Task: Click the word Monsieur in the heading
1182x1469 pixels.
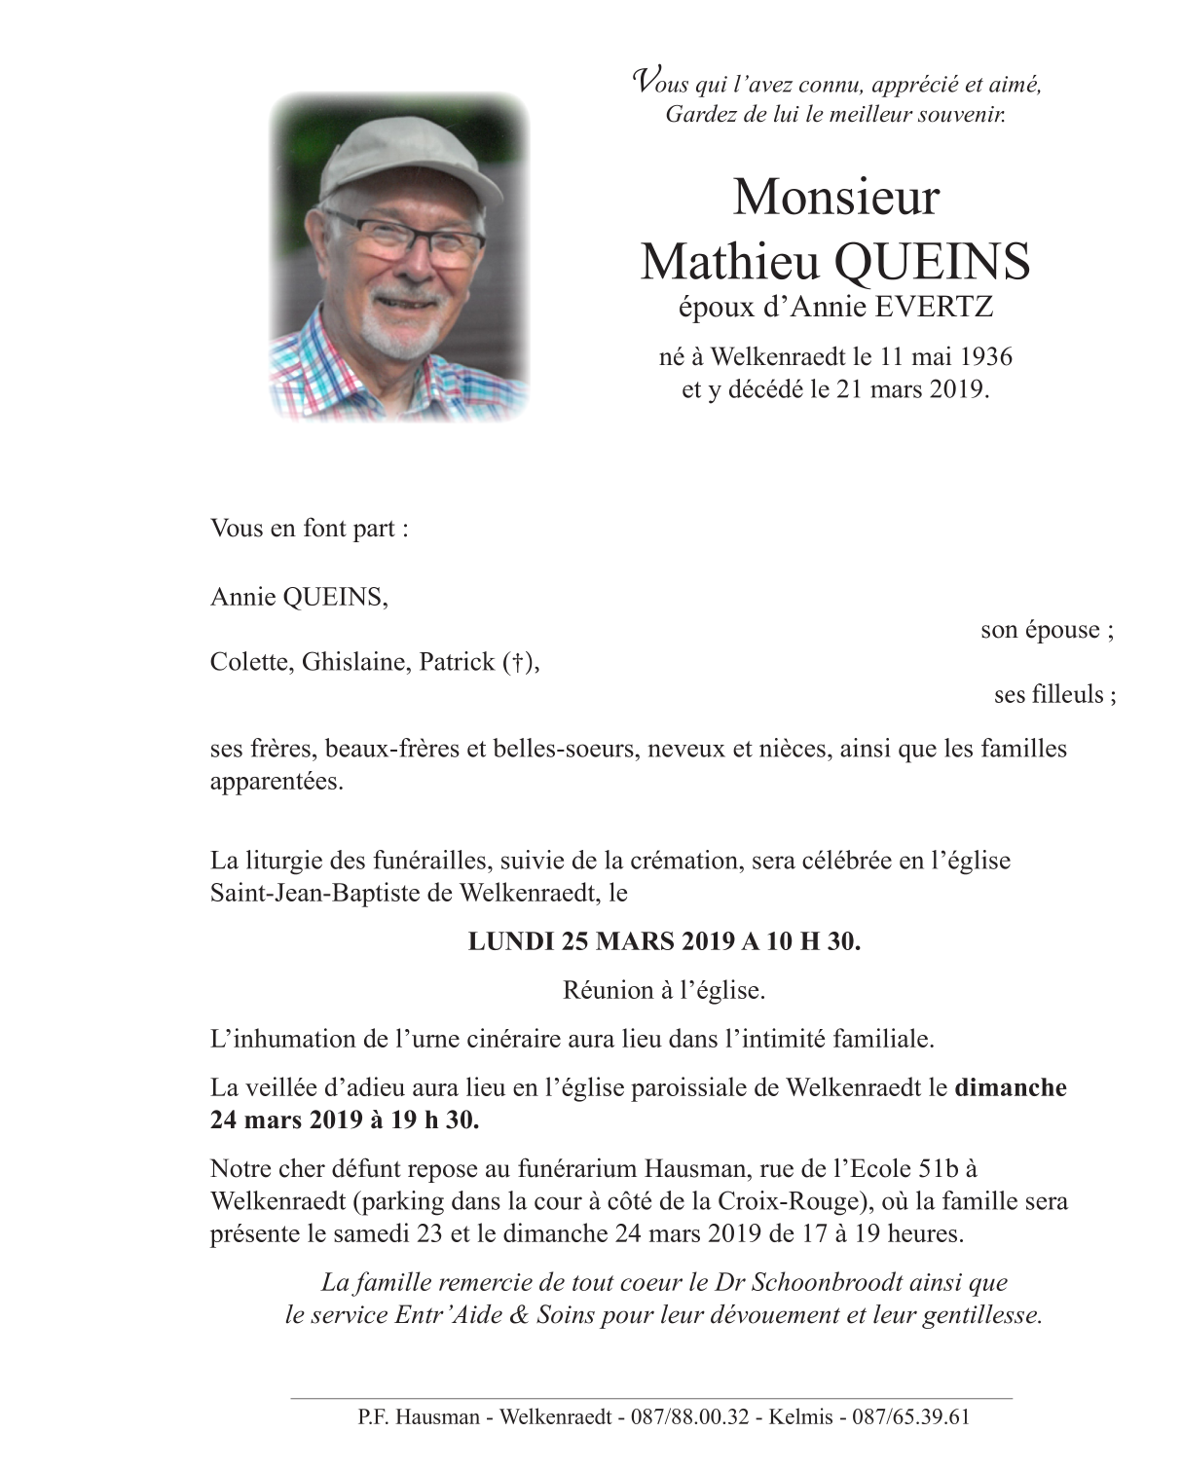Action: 835,197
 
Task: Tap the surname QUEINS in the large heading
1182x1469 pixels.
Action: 932,261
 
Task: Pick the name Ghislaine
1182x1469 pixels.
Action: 355,662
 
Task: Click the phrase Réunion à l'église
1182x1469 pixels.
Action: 664,990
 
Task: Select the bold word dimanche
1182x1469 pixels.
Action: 1011,1087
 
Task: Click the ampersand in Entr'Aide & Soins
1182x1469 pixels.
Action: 519,1315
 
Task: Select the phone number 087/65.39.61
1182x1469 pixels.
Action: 911,1416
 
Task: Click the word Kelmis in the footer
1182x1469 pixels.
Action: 800,1416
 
